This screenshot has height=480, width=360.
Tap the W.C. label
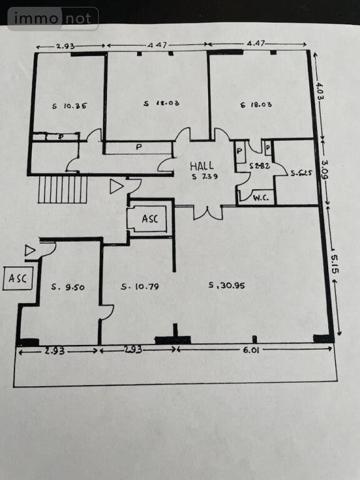pos(262,197)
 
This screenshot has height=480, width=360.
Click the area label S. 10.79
pos(140,288)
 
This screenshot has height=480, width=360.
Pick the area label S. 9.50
pos(67,287)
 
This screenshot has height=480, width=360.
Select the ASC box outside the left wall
pos(18,279)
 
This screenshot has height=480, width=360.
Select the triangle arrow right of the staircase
pos(116,185)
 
